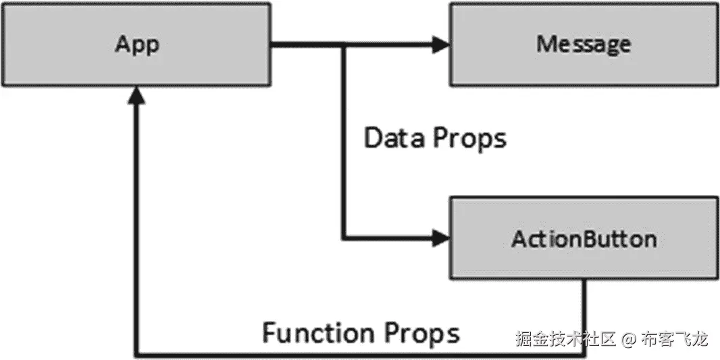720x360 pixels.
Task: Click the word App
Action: coord(137,45)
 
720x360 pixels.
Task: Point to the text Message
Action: coord(584,45)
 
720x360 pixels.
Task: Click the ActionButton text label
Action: coord(584,238)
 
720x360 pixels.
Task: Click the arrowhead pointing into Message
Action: coord(441,45)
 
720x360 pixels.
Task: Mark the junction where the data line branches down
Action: coord(344,45)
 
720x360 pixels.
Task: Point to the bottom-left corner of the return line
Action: coord(137,354)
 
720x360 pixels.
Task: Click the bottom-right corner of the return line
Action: coord(585,354)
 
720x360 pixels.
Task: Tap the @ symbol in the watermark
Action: coord(629,338)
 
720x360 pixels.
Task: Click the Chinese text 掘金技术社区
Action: coord(566,338)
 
